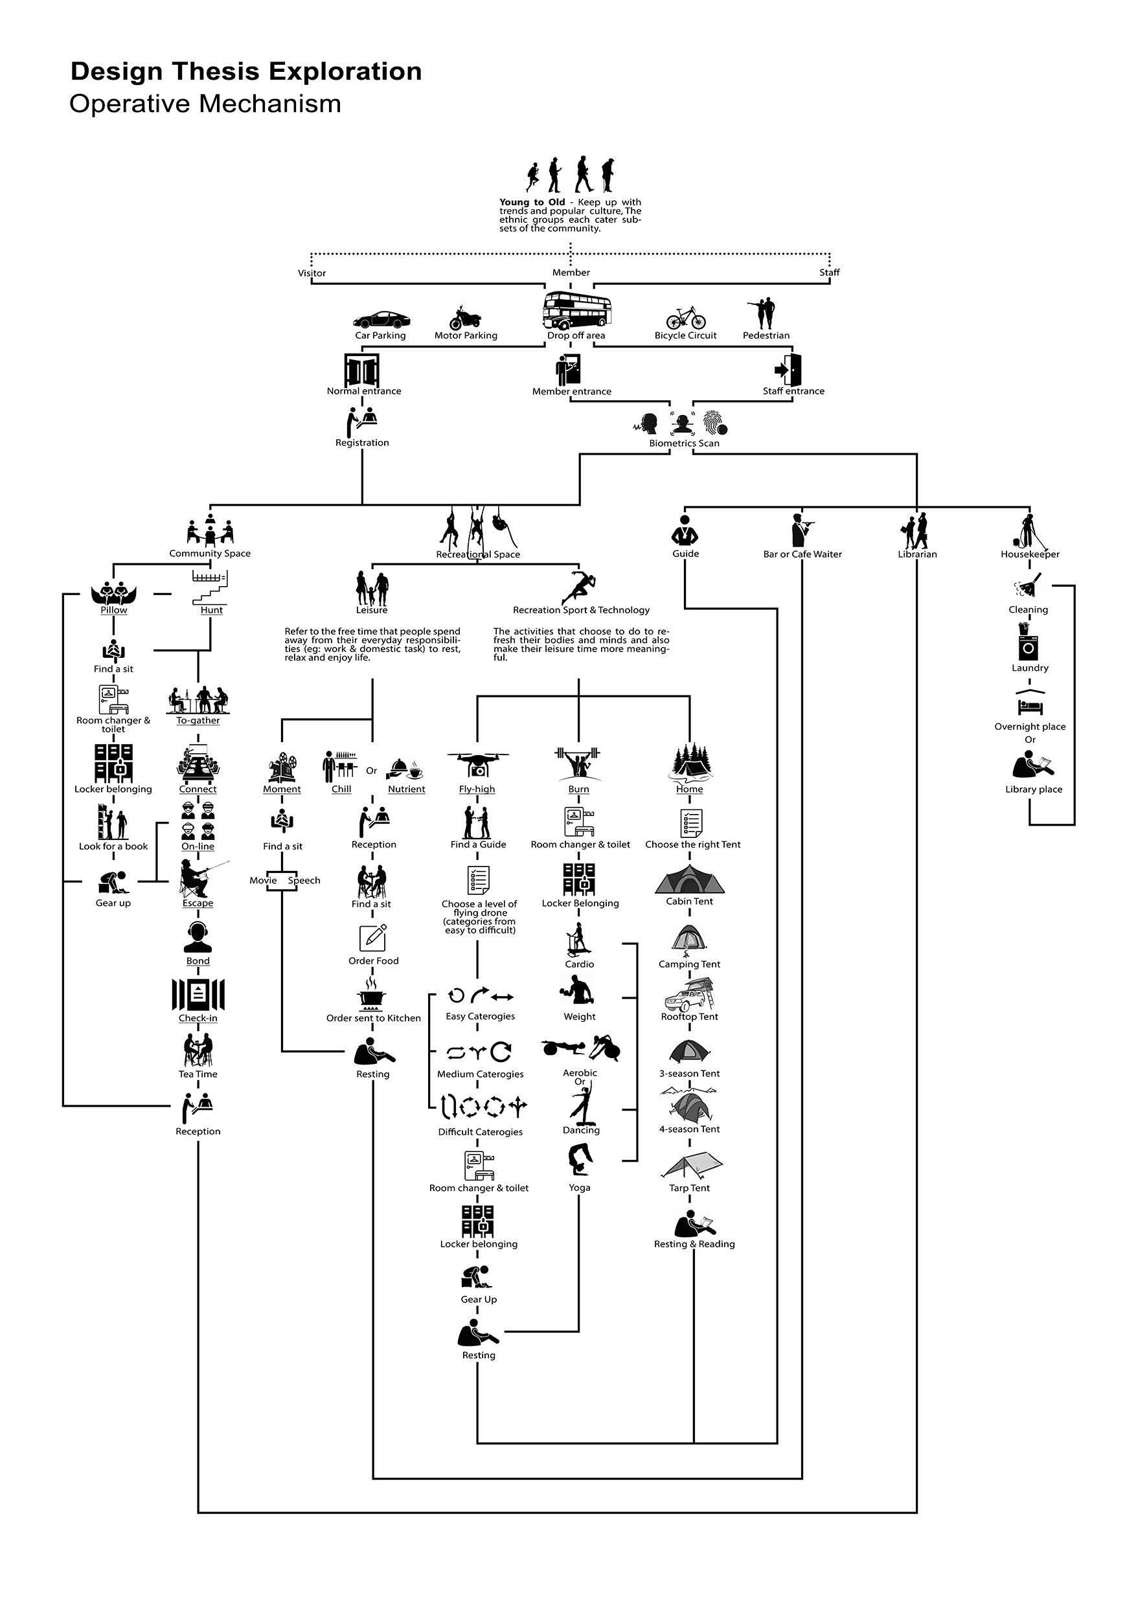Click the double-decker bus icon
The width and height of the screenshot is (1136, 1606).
click(577, 311)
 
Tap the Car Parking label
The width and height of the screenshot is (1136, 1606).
click(380, 335)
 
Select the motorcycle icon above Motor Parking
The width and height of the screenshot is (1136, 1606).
click(465, 317)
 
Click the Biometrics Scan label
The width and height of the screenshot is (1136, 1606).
click(683, 444)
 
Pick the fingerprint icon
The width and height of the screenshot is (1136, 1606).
click(715, 423)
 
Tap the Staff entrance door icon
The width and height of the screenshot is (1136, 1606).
click(788, 369)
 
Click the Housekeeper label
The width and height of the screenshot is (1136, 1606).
click(1030, 555)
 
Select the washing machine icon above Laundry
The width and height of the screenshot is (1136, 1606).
click(1028, 643)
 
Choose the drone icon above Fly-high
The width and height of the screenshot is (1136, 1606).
click(478, 764)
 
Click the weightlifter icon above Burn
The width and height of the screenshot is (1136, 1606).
click(578, 763)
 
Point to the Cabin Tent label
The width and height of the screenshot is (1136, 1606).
click(689, 901)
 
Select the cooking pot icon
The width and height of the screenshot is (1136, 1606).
click(372, 995)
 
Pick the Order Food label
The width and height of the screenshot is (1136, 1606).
click(374, 961)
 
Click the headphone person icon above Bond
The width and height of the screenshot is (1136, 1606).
click(198, 937)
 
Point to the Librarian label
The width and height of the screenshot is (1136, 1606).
click(917, 555)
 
